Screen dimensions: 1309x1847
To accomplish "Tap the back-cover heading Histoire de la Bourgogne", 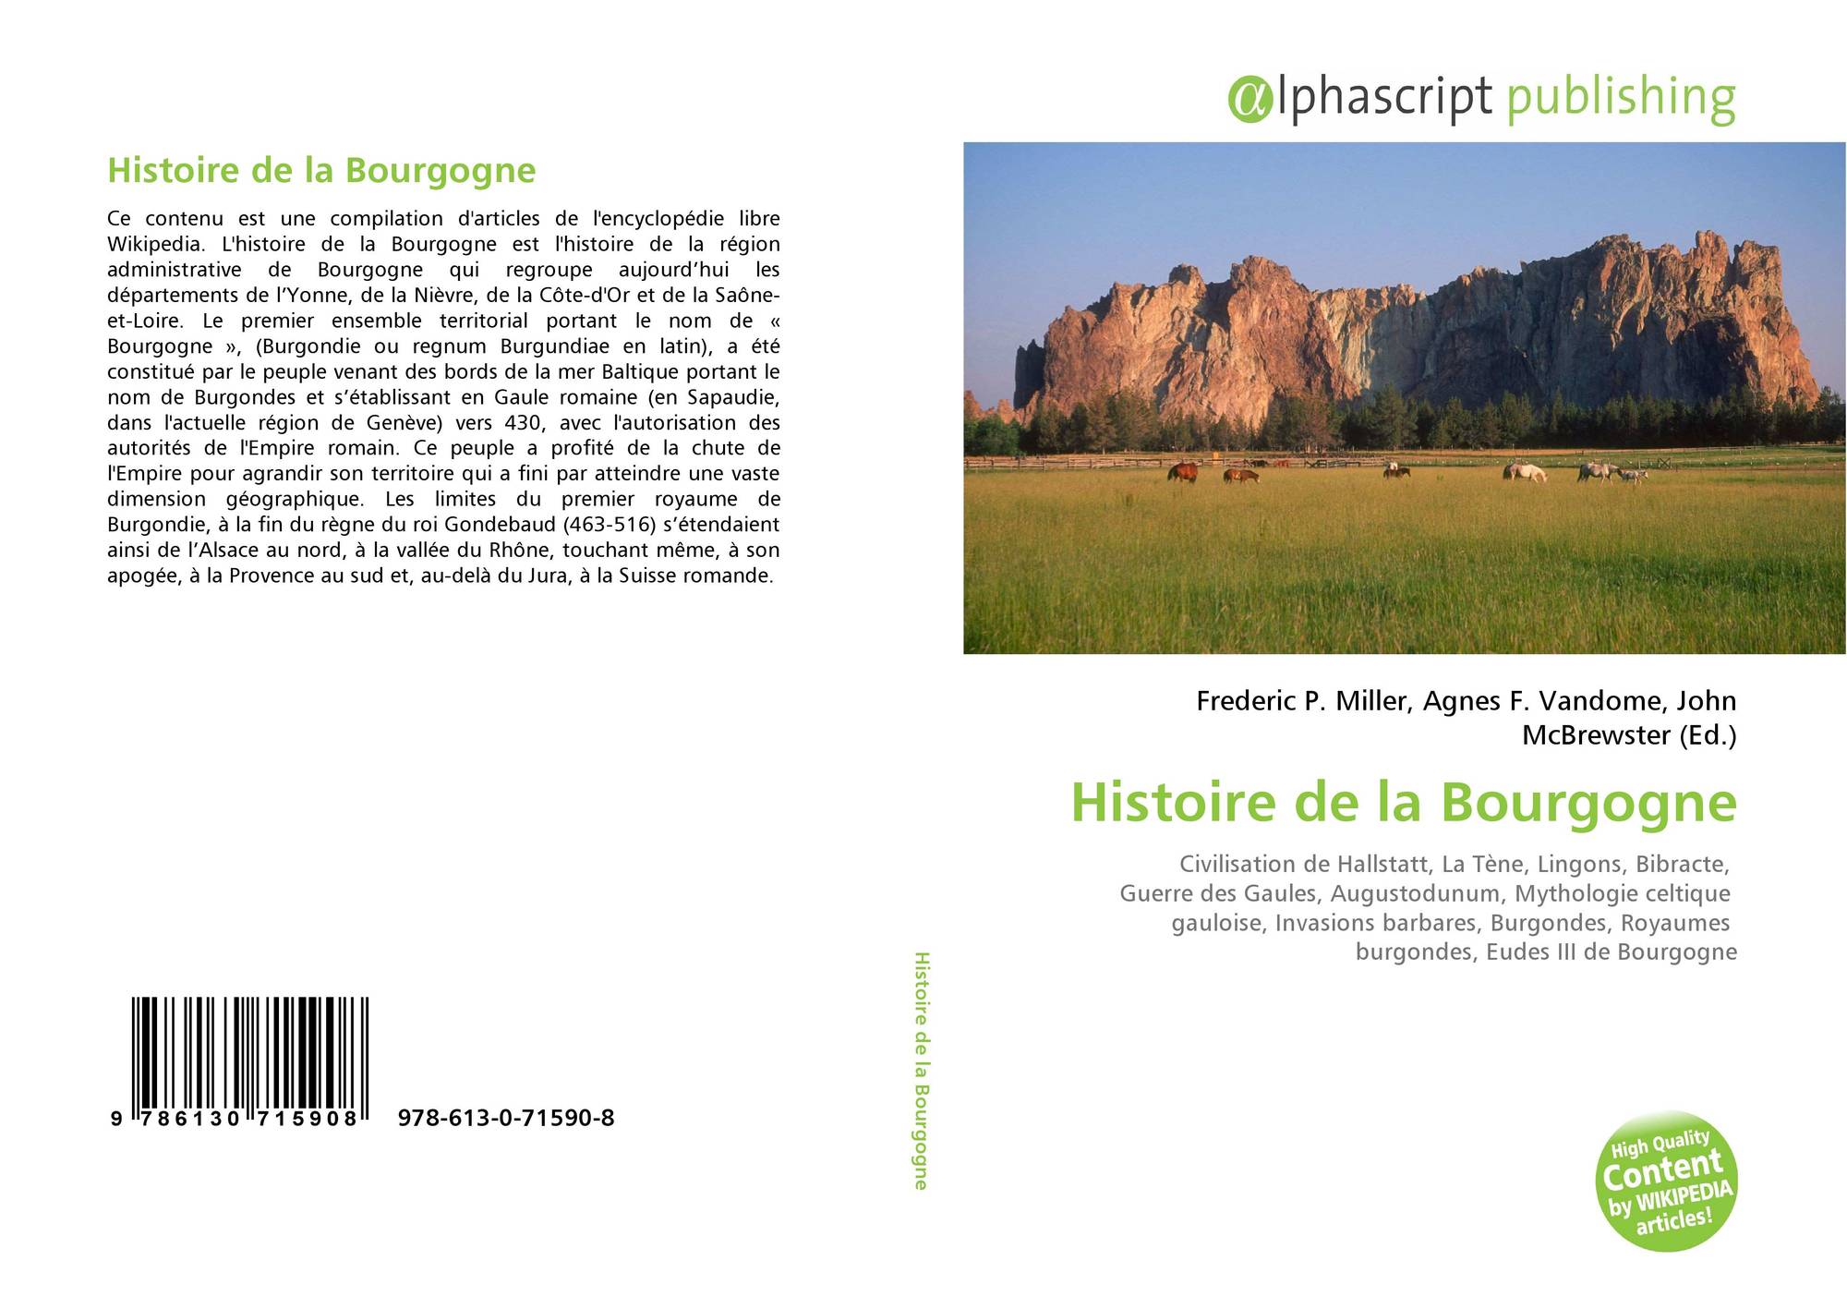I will click(321, 171).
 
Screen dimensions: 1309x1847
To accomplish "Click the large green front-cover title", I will click(1404, 802).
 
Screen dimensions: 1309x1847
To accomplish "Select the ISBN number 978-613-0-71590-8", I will click(506, 1119).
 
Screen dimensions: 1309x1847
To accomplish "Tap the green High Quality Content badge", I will click(1666, 1182).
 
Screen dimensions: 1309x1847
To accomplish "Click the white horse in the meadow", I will click(1526, 472).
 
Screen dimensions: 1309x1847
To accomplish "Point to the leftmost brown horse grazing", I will click(1183, 472).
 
